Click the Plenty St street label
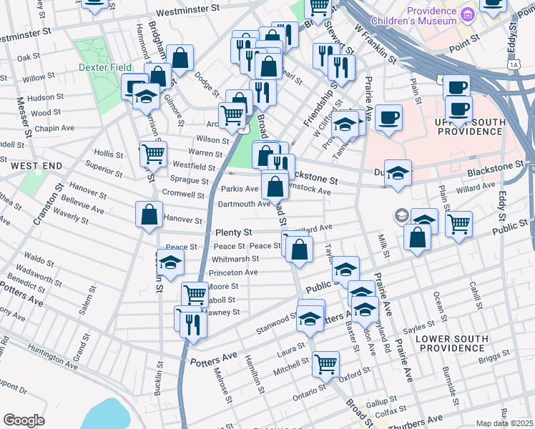point(233,233)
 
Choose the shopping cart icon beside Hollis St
point(153,153)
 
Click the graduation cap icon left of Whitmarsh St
point(170,265)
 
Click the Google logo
point(24,420)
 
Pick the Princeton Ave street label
point(232,272)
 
